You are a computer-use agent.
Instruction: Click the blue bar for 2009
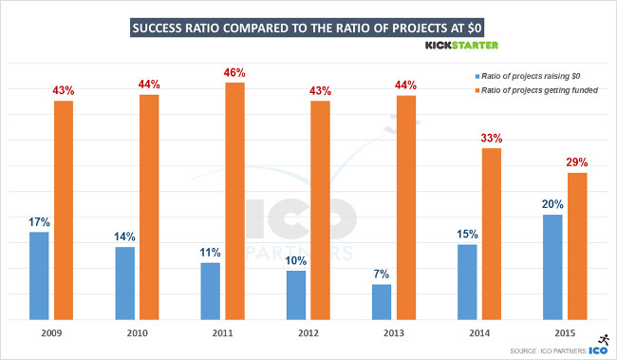click(39, 275)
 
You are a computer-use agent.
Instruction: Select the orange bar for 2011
click(234, 200)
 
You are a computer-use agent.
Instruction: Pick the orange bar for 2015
click(578, 246)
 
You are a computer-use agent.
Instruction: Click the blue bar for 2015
click(553, 267)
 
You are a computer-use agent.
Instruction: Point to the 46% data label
click(234, 71)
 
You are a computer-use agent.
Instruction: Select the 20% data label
click(553, 204)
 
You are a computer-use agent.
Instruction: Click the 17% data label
click(39, 221)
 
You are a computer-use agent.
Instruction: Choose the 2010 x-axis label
click(137, 334)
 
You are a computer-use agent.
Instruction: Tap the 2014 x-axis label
click(480, 334)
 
